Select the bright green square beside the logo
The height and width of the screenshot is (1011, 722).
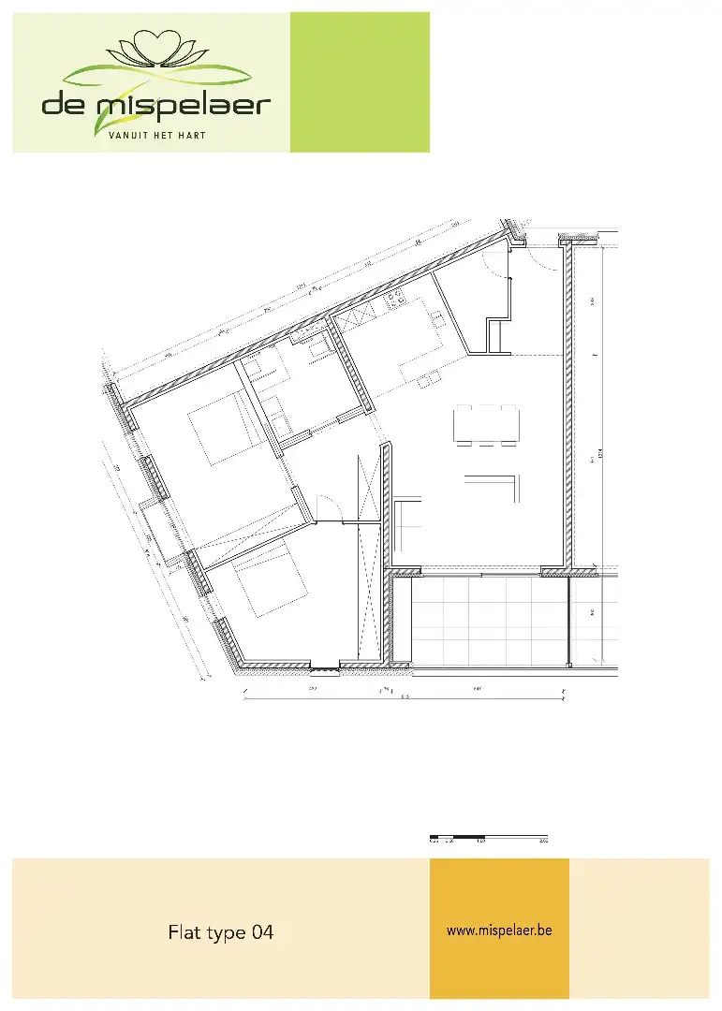360,82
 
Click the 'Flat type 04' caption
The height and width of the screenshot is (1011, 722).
221,932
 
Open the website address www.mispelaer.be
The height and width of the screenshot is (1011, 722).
499,930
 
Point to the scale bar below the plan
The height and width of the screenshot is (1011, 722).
488,835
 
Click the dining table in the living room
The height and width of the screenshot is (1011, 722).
486,425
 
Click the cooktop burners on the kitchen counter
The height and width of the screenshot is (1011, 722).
395,300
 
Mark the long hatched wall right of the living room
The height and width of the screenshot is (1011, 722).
567,403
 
